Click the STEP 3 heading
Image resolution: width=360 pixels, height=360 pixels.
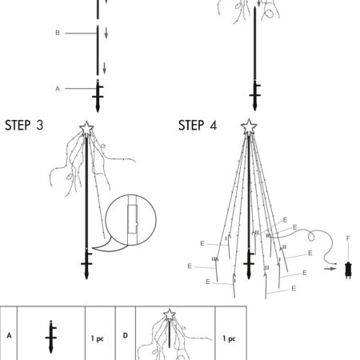24,126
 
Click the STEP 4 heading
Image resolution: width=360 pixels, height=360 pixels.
198,126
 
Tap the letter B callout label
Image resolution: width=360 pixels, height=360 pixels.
58,33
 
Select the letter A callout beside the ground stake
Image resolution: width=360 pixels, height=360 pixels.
58,89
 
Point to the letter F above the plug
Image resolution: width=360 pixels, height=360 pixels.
348,238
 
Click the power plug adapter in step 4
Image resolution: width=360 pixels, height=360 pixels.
348,270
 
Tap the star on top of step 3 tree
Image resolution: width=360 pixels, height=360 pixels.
86,128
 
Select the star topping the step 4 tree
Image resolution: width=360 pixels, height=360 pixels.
249,127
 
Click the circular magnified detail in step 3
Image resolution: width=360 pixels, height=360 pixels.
130,220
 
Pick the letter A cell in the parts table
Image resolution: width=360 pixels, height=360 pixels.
9,335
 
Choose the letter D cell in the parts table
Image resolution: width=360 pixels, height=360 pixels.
126,335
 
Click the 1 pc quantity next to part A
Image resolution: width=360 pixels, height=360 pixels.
98,338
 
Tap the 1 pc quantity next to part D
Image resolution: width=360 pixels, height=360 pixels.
229,338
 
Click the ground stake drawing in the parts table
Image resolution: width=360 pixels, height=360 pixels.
50,337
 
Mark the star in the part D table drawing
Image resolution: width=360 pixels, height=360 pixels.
170,315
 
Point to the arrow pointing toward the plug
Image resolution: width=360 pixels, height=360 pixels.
330,269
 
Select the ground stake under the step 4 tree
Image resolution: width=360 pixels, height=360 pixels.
249,263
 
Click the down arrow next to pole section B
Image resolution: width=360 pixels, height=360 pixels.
106,33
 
